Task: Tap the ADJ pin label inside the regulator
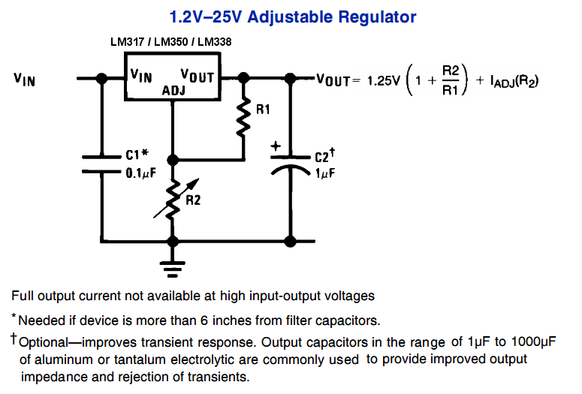(173, 90)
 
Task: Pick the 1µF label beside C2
(324, 173)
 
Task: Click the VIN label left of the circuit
(25, 77)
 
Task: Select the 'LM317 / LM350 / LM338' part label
(170, 42)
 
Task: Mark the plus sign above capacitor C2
(276, 146)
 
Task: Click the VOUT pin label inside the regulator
(198, 76)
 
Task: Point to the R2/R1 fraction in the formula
(451, 80)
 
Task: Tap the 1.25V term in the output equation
(384, 80)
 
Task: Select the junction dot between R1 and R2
(173, 160)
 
